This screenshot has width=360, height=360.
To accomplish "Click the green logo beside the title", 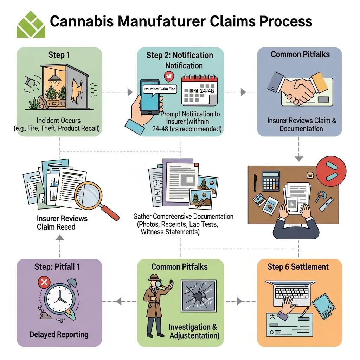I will pos(31,24).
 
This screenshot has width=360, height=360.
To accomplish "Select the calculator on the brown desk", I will pos(271,181).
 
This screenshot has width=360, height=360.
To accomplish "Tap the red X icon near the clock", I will pos(44,282).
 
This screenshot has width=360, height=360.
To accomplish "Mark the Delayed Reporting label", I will pos(59,334).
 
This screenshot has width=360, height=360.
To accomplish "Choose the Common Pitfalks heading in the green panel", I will pos(180,266).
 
